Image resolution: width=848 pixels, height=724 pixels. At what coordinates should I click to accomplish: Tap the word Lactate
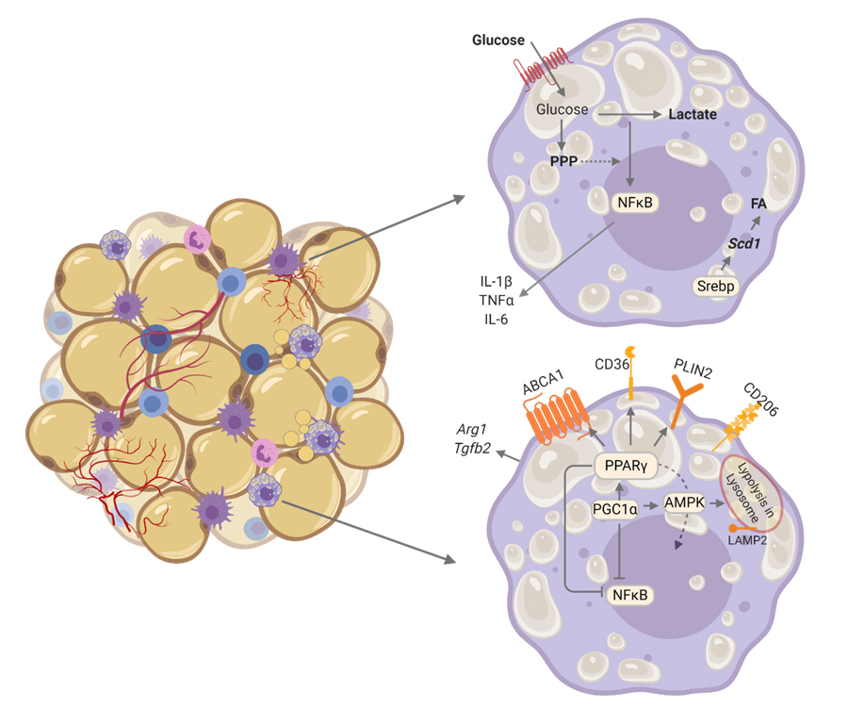693,115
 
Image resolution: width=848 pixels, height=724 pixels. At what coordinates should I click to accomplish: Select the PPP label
563,162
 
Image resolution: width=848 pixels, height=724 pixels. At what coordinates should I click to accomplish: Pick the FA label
758,203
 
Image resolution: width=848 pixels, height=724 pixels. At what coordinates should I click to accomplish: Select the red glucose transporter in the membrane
544,70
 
